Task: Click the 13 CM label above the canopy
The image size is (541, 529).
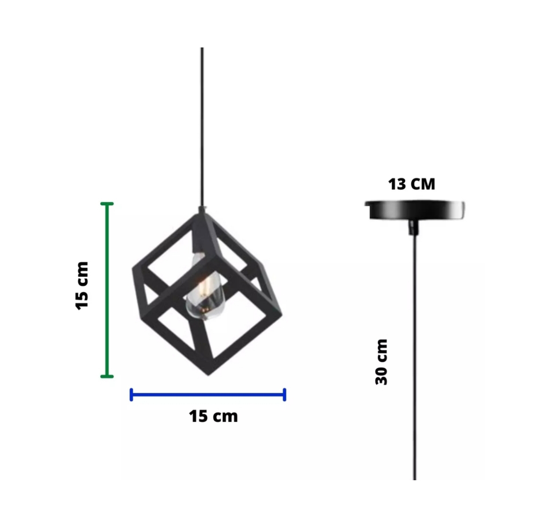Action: [412, 184]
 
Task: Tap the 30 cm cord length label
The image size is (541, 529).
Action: [381, 362]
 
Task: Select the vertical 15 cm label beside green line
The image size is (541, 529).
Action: [82, 286]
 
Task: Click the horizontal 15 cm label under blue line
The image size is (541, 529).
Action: [213, 416]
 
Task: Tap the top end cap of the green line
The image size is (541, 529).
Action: [107, 204]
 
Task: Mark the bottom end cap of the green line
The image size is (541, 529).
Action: [107, 376]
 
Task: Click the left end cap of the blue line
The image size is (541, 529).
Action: [131, 394]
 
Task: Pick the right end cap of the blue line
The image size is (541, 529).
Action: [284, 394]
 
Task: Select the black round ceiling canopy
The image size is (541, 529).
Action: [415, 210]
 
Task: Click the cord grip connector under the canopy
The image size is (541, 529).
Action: [414, 227]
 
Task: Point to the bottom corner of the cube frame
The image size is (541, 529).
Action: [208, 373]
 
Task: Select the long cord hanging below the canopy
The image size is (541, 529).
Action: [415, 355]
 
